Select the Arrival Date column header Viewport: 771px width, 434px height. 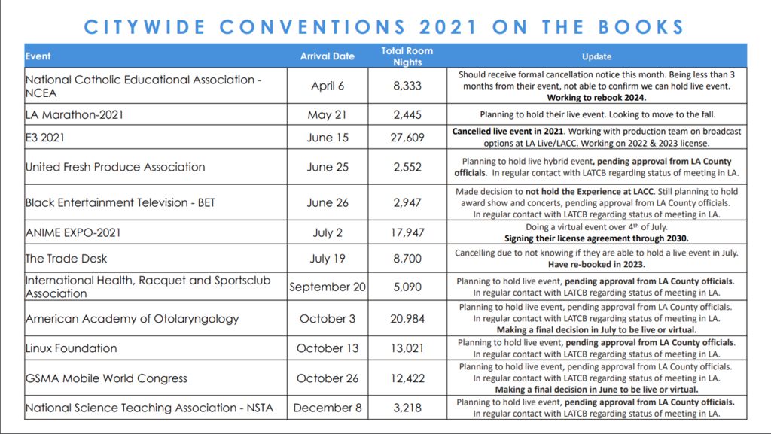click(x=327, y=56)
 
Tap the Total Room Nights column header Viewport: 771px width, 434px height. click(x=407, y=56)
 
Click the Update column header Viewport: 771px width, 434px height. click(x=596, y=56)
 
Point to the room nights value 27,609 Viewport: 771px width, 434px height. click(x=407, y=137)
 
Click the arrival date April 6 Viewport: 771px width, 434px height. click(x=328, y=86)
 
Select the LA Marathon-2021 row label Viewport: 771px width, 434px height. click(x=75, y=115)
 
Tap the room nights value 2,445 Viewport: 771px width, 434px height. click(x=407, y=115)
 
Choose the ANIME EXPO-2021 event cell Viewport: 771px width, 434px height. click(x=73, y=232)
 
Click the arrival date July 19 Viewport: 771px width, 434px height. click(x=328, y=259)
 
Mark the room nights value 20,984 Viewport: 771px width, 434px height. click(x=407, y=318)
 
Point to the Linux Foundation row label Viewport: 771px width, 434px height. click(x=72, y=348)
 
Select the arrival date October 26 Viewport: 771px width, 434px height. click(x=328, y=378)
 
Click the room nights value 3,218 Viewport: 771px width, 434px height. click(x=407, y=408)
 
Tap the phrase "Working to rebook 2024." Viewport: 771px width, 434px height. click(x=596, y=98)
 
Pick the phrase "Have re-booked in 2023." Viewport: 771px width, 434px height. click(x=596, y=264)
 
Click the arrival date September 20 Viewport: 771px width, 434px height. click(x=328, y=287)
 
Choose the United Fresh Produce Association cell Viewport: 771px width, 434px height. click(x=115, y=167)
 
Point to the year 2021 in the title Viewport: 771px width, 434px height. click(x=448, y=27)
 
